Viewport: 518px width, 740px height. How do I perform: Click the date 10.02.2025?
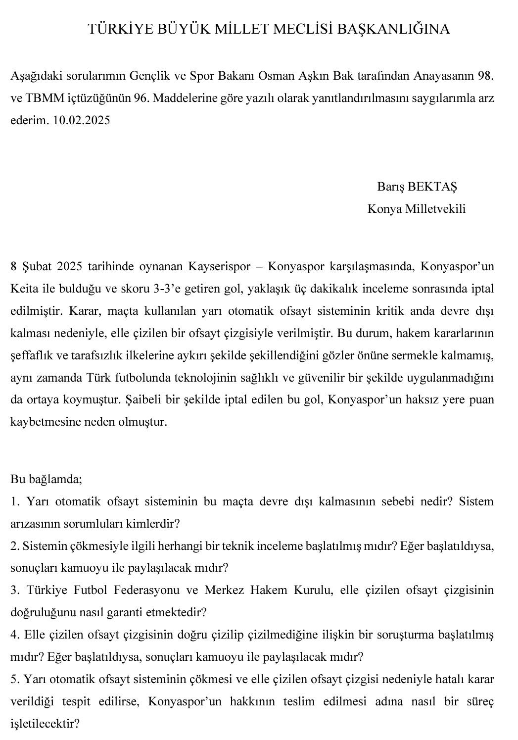pyautogui.click(x=81, y=120)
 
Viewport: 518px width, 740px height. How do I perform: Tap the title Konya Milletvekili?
pyautogui.click(x=416, y=209)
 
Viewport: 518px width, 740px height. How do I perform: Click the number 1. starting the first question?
pyautogui.click(x=15, y=501)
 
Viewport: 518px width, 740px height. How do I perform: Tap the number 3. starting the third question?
pyautogui.click(x=15, y=590)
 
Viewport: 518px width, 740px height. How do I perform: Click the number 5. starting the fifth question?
pyautogui.click(x=15, y=679)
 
